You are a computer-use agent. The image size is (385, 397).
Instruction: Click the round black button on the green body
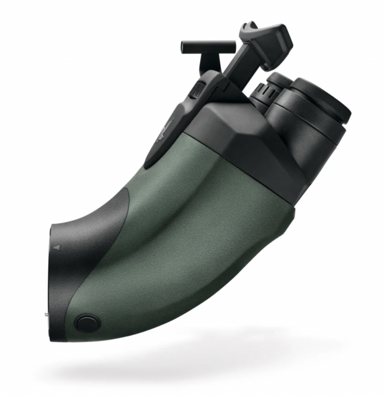click(x=87, y=323)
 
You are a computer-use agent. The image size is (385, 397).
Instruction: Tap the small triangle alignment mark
click(x=56, y=247)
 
